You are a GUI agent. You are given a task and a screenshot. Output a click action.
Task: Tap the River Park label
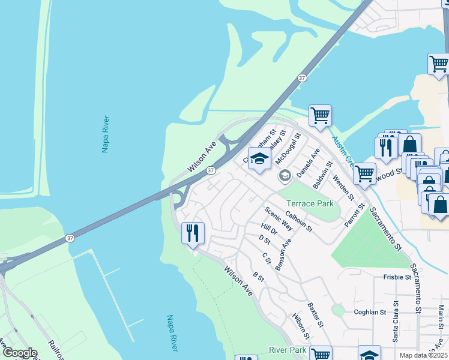[x=288, y=350]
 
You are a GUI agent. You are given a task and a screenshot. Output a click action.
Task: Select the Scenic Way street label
[x=279, y=219]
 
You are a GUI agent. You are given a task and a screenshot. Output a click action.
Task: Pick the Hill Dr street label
[x=269, y=230]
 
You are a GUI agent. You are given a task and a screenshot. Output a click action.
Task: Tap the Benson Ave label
[x=283, y=254]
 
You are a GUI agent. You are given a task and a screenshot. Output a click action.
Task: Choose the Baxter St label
[x=316, y=315]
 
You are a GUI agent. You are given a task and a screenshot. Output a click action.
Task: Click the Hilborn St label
[x=301, y=325]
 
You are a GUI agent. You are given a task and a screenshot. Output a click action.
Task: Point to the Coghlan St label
[x=370, y=312]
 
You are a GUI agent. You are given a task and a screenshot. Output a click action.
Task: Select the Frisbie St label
[x=397, y=277]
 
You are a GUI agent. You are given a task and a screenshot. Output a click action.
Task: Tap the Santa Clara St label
[x=396, y=321]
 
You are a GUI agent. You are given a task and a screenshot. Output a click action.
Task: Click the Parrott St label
[x=354, y=215]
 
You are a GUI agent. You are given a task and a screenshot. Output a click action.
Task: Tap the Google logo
[x=20, y=353]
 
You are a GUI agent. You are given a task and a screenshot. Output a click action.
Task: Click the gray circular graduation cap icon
[x=285, y=176]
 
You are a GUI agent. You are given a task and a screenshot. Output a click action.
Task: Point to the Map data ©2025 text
[x=424, y=355]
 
